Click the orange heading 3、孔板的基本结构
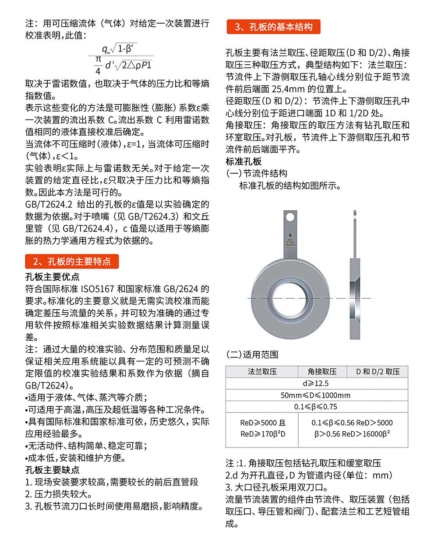(x=273, y=27)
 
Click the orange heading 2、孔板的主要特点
(x=72, y=262)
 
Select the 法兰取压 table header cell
(x=262, y=372)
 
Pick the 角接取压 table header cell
(x=322, y=372)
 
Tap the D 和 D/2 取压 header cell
(x=378, y=372)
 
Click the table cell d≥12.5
(x=316, y=384)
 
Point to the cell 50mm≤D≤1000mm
(x=316, y=395)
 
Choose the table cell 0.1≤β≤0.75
(x=316, y=407)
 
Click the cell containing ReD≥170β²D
(x=262, y=434)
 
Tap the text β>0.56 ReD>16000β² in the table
(x=352, y=434)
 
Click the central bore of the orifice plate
(x=290, y=298)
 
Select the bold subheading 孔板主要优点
(x=53, y=277)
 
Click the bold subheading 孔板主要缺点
(x=53, y=470)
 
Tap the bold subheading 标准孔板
(x=244, y=161)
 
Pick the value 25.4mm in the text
(x=288, y=89)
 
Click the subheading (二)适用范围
(x=252, y=354)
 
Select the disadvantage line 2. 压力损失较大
(x=59, y=494)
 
